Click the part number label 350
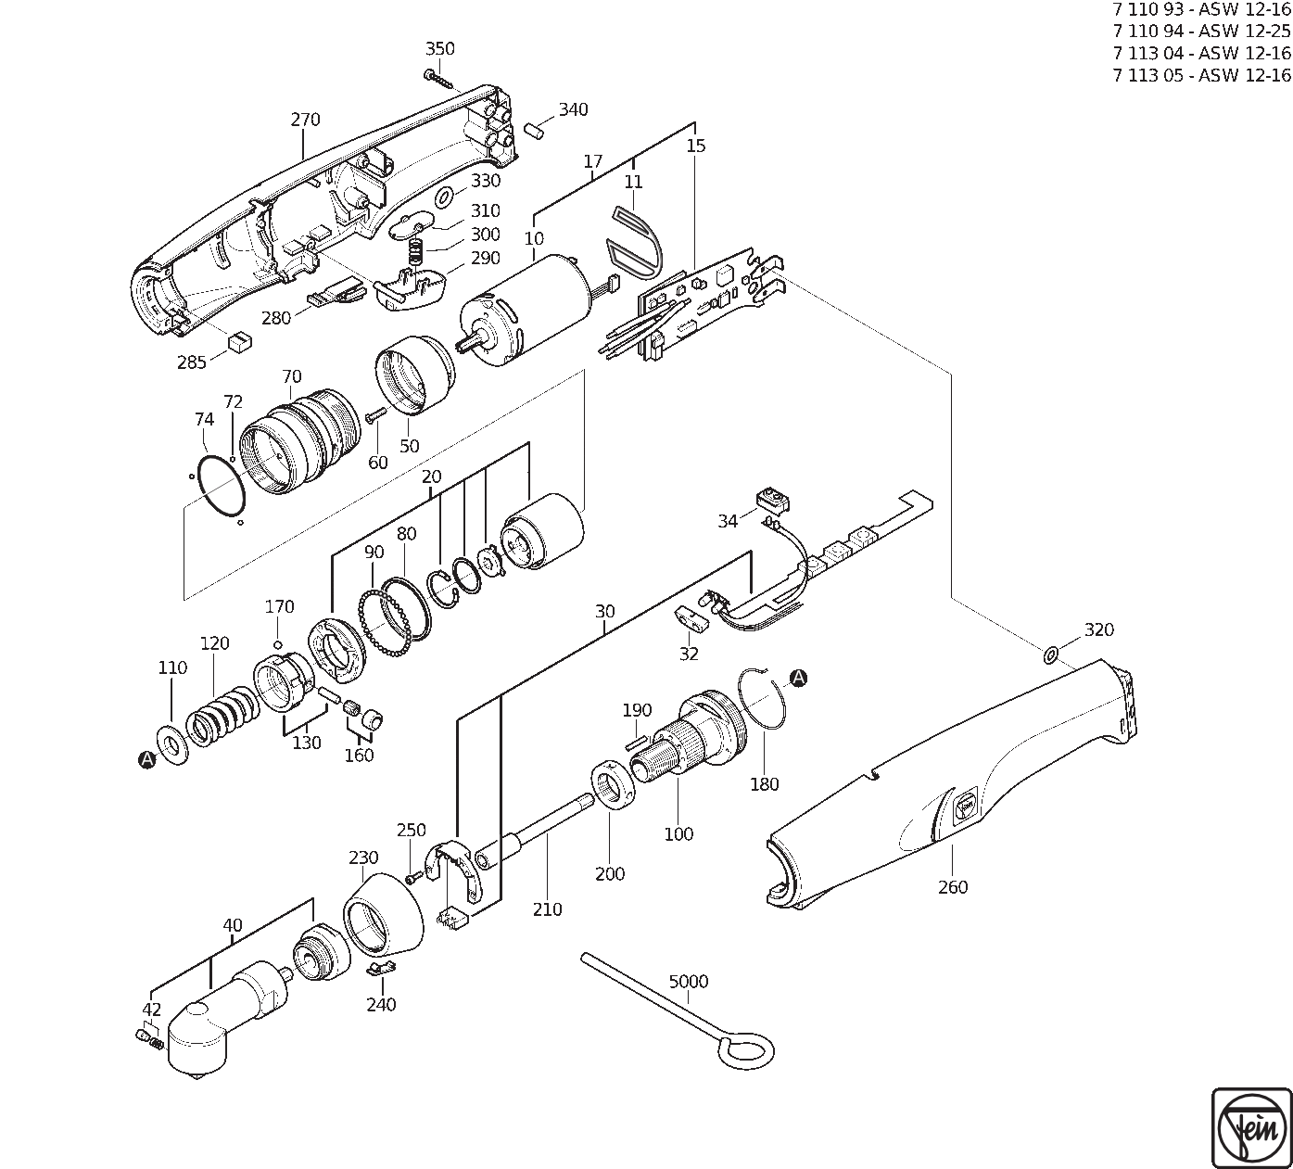439,49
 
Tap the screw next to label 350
439,78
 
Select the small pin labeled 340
535,131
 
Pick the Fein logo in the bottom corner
1250,1128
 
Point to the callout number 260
952,887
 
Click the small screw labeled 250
412,876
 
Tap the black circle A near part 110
146,760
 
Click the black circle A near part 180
798,679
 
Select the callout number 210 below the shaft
547,909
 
